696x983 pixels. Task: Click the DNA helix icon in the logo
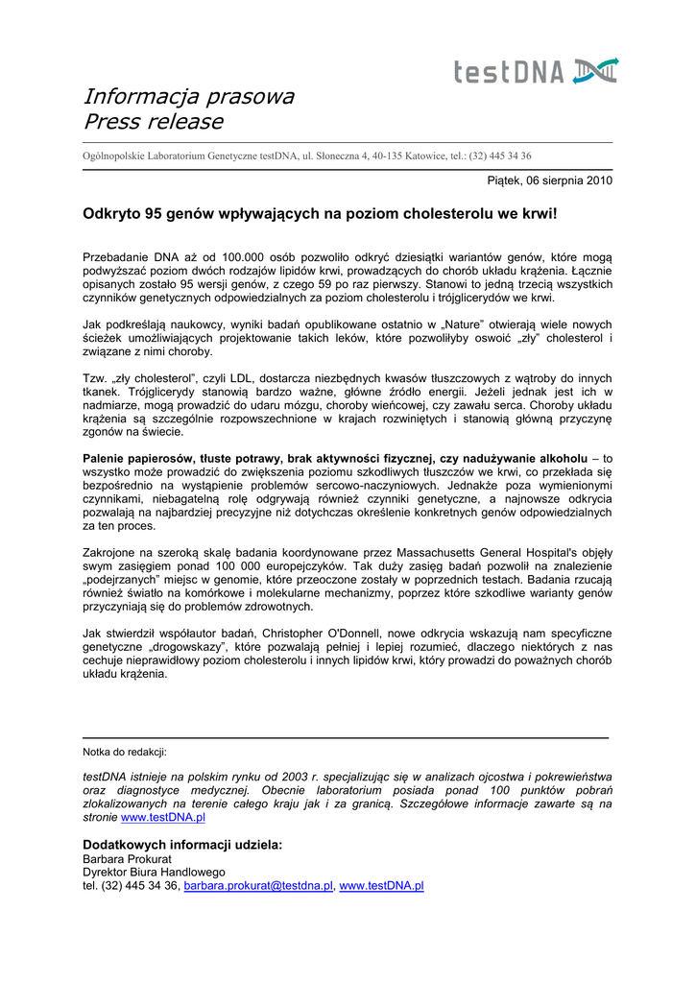595,71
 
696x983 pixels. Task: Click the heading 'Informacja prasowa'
188,96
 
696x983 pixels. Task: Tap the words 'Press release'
153,122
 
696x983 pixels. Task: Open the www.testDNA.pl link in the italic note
163,817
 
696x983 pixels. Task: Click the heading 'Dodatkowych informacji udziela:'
182,845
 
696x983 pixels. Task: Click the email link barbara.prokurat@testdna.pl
258,886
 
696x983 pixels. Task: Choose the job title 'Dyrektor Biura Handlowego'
154,872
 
